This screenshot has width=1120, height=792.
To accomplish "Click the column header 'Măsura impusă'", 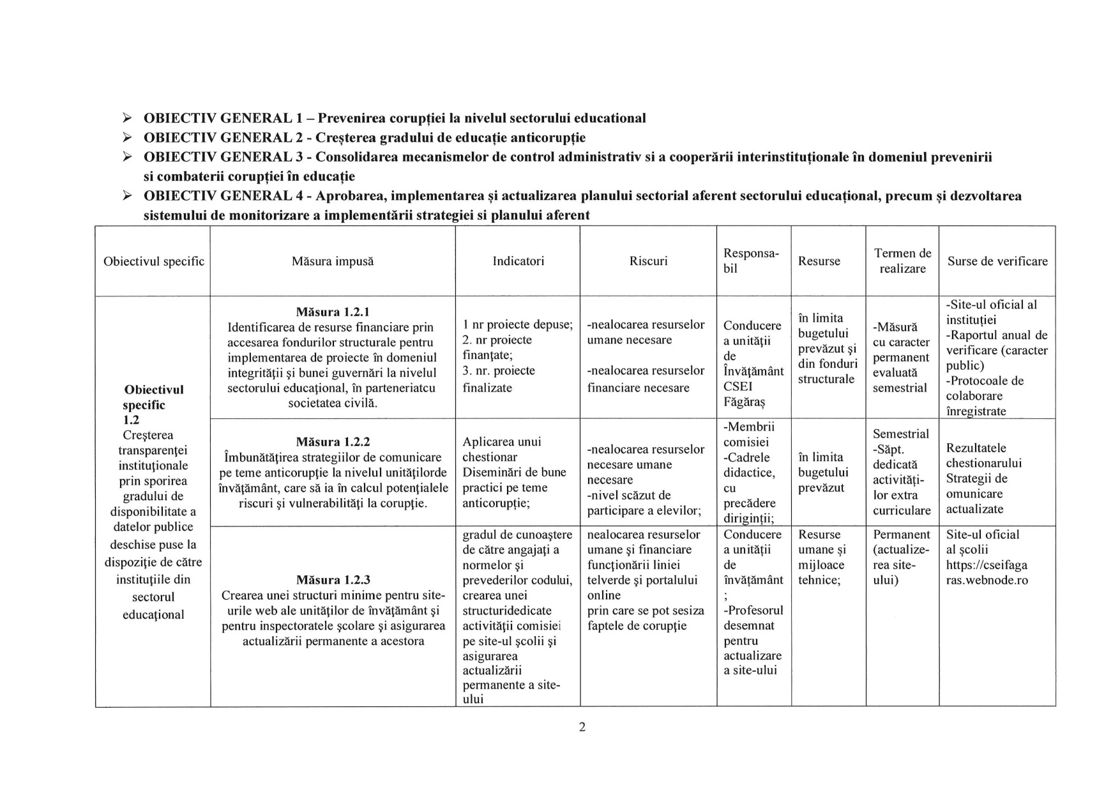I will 332,261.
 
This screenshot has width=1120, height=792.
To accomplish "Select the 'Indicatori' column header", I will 518,261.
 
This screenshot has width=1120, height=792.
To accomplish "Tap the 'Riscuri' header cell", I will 648,261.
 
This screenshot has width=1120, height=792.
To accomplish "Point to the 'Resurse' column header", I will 819,261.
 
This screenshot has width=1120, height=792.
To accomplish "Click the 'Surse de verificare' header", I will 997,261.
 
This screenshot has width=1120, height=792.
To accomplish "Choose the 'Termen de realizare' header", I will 902,261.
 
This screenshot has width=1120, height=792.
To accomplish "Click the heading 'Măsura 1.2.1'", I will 333,312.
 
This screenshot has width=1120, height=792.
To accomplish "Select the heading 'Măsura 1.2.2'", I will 333,442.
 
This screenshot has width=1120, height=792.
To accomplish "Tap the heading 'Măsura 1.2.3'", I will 333,580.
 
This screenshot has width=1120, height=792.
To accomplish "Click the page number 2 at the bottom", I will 582,727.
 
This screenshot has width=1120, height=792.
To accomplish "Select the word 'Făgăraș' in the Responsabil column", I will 745,402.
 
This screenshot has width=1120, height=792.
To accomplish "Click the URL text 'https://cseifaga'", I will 987,565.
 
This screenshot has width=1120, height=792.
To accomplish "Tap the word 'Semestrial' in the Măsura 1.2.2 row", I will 901,434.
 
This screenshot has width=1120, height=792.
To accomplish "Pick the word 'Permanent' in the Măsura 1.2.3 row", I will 901,535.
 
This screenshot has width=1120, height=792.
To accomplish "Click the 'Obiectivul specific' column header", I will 153,261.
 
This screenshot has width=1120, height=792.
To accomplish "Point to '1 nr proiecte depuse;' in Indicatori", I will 517,324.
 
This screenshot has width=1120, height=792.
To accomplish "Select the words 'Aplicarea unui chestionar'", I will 501,449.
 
